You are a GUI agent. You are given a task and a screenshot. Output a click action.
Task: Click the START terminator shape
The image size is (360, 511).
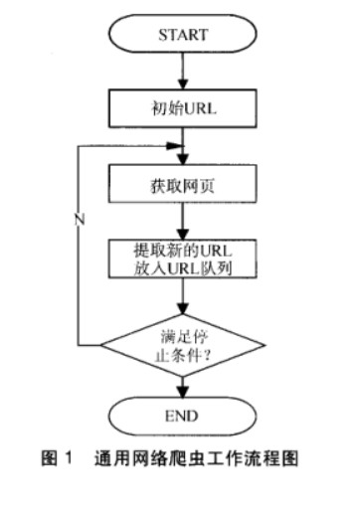(182, 35)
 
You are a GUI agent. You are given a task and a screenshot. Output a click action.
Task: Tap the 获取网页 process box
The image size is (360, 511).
(182, 186)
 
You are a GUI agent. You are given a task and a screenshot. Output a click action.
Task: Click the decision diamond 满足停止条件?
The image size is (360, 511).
(182, 343)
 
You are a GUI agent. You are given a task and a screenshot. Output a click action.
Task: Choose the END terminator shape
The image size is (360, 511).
(182, 414)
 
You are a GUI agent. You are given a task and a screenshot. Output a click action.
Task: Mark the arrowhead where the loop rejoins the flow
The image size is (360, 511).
(178, 144)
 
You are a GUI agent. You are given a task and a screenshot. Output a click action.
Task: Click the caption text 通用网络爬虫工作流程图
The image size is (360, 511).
(200, 458)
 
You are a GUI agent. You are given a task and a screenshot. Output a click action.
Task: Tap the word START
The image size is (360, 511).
(182, 35)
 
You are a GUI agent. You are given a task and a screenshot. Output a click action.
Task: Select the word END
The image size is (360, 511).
(182, 414)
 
